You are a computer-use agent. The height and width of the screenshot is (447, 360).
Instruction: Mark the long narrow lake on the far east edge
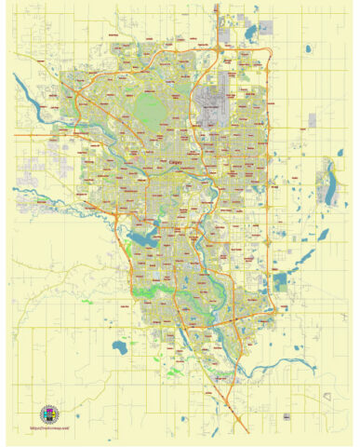pyautogui.click(x=329, y=180)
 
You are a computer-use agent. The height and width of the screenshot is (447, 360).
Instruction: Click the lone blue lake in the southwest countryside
pyautogui.click(x=118, y=347)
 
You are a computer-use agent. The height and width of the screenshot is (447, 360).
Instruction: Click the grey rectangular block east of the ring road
pyautogui.click(x=312, y=121)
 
